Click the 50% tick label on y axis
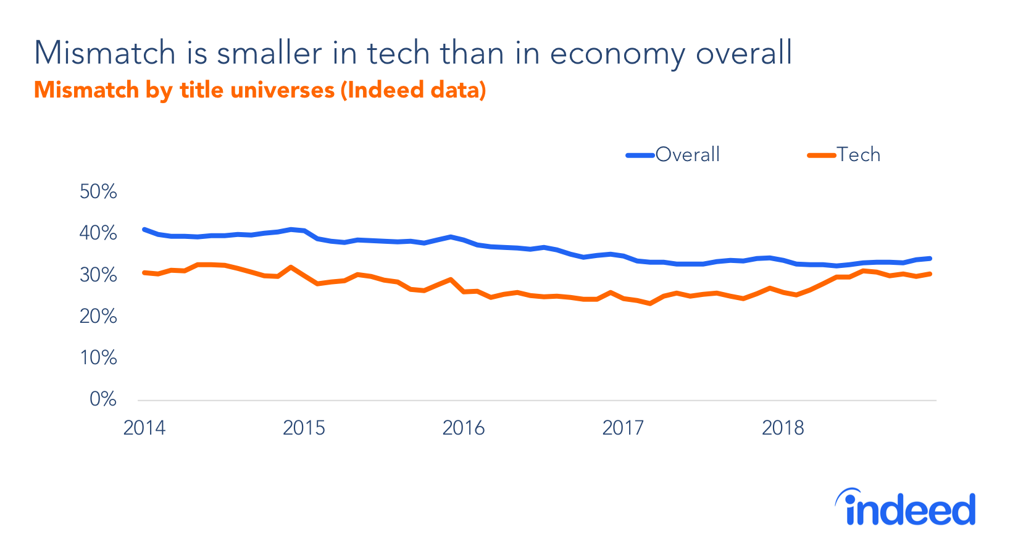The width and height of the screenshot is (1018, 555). [x=98, y=192]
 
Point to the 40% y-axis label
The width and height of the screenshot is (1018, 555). [x=98, y=233]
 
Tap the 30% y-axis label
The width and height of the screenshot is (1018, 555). [x=98, y=275]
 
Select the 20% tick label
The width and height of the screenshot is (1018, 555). [x=98, y=317]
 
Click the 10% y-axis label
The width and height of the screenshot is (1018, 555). [x=98, y=358]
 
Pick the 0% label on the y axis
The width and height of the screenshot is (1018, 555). [x=103, y=399]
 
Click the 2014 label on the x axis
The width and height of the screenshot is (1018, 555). [x=144, y=428]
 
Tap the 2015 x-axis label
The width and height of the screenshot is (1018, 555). [x=304, y=428]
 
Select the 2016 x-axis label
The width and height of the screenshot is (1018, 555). [x=464, y=428]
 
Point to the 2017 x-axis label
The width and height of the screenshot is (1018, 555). [x=623, y=428]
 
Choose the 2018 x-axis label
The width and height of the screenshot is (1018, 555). [x=783, y=428]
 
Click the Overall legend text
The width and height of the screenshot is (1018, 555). [x=688, y=154]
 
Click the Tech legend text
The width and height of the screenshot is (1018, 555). [x=858, y=154]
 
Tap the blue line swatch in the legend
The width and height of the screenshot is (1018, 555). [x=640, y=156]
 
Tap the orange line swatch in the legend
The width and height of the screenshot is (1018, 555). [x=822, y=156]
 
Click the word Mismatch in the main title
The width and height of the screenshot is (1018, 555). [x=105, y=53]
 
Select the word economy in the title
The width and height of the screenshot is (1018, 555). [x=617, y=54]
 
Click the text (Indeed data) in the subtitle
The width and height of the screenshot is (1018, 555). [x=413, y=90]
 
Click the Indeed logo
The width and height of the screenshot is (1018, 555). [x=906, y=508]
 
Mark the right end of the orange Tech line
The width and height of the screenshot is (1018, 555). [x=930, y=273]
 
